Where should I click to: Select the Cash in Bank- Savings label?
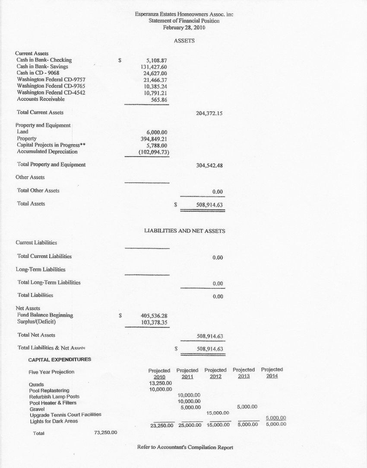[42, 67]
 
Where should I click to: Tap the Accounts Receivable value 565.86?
[159, 99]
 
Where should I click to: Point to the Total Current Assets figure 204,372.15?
[209, 113]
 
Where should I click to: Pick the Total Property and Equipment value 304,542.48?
[209, 165]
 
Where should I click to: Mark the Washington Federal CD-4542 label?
[47, 92]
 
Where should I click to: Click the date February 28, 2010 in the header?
[184, 28]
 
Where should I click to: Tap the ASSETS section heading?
[184, 41]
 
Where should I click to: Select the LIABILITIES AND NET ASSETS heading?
[184, 231]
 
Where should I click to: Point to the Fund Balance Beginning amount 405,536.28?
[154, 315]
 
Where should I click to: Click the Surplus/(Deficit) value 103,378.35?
[154, 322]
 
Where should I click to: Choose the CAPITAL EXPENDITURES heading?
[60, 360]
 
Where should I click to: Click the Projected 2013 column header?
[244, 373]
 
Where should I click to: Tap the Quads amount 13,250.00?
[160, 383]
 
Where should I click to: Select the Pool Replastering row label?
[49, 390]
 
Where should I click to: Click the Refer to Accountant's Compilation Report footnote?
[185, 447]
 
